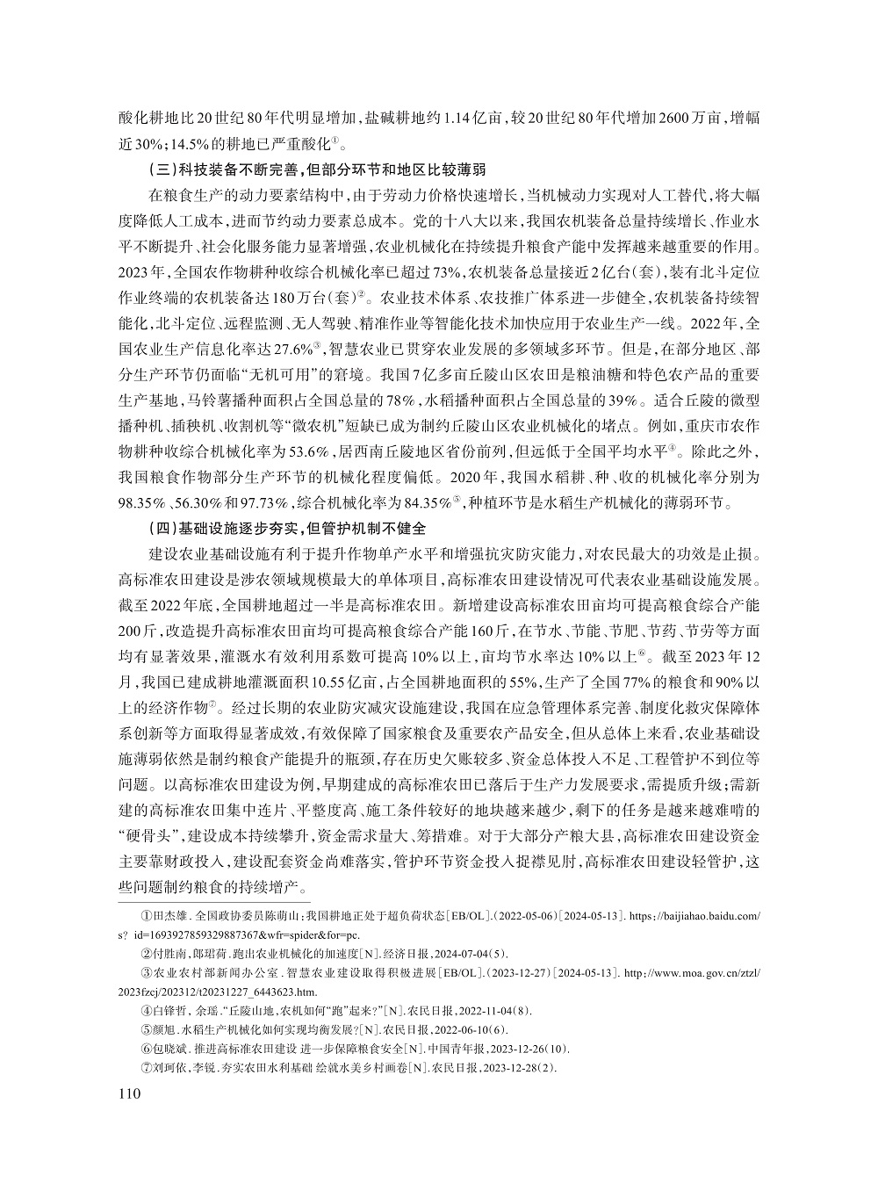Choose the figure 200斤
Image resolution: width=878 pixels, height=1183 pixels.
[133, 632]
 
